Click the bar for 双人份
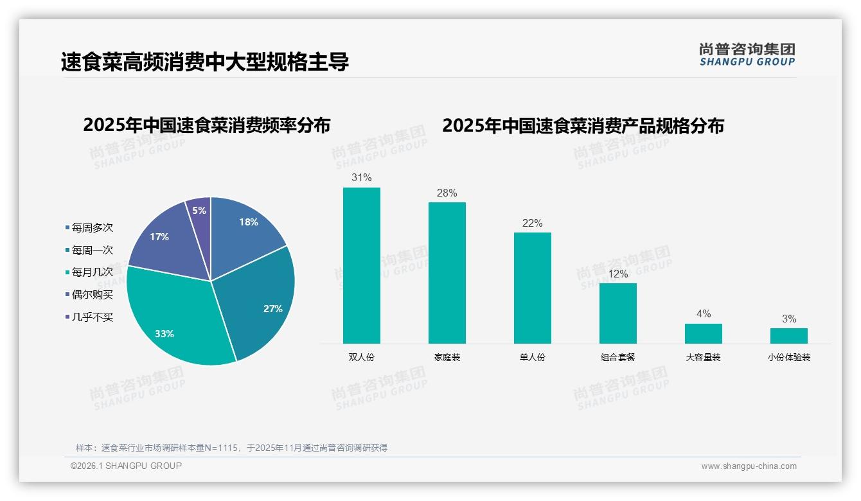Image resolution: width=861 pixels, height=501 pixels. (x=361, y=265)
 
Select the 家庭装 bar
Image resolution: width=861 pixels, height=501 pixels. (x=447, y=273)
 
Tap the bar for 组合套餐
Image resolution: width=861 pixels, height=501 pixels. (x=617, y=313)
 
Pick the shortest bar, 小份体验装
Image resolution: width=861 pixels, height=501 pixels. (x=788, y=335)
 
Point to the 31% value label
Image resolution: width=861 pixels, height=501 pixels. (x=361, y=177)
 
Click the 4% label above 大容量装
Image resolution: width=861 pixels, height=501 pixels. (x=703, y=313)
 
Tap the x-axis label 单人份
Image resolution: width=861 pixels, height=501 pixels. (x=532, y=357)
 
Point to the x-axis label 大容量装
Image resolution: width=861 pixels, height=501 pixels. (x=703, y=357)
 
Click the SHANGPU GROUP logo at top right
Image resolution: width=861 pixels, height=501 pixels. (x=747, y=55)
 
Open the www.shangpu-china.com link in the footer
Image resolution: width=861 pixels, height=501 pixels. (x=749, y=466)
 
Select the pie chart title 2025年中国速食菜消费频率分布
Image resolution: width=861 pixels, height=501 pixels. (x=206, y=125)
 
